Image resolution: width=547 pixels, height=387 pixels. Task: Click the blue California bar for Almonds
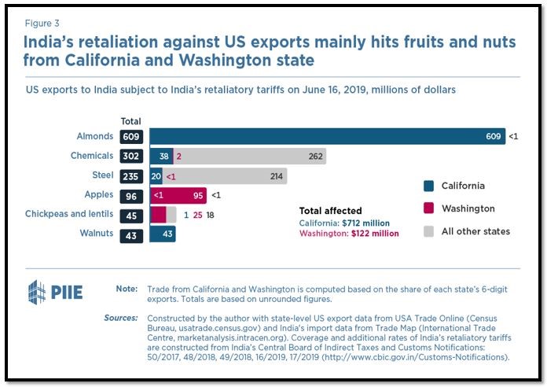pyautogui.click(x=314, y=136)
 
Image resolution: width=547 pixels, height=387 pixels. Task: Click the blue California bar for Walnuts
pyautogui.click(x=163, y=234)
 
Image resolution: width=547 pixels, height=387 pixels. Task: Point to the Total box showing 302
pyautogui.click(x=130, y=156)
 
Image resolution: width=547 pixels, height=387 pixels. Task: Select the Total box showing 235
pyautogui.click(x=130, y=175)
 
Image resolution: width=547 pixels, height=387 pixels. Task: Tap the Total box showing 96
pyautogui.click(x=130, y=194)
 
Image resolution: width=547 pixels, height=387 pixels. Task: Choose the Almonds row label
pyautogui.click(x=96, y=136)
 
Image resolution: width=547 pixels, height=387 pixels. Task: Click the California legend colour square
pyautogui.click(x=428, y=186)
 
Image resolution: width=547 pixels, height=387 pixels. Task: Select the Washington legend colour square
pyautogui.click(x=428, y=208)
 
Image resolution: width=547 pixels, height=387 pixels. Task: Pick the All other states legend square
pyautogui.click(x=428, y=231)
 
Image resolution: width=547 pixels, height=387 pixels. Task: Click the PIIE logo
pyautogui.click(x=55, y=292)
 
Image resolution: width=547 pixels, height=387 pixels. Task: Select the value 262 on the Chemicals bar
pyautogui.click(x=316, y=156)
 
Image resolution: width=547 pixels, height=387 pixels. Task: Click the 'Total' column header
pyautogui.click(x=130, y=121)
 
